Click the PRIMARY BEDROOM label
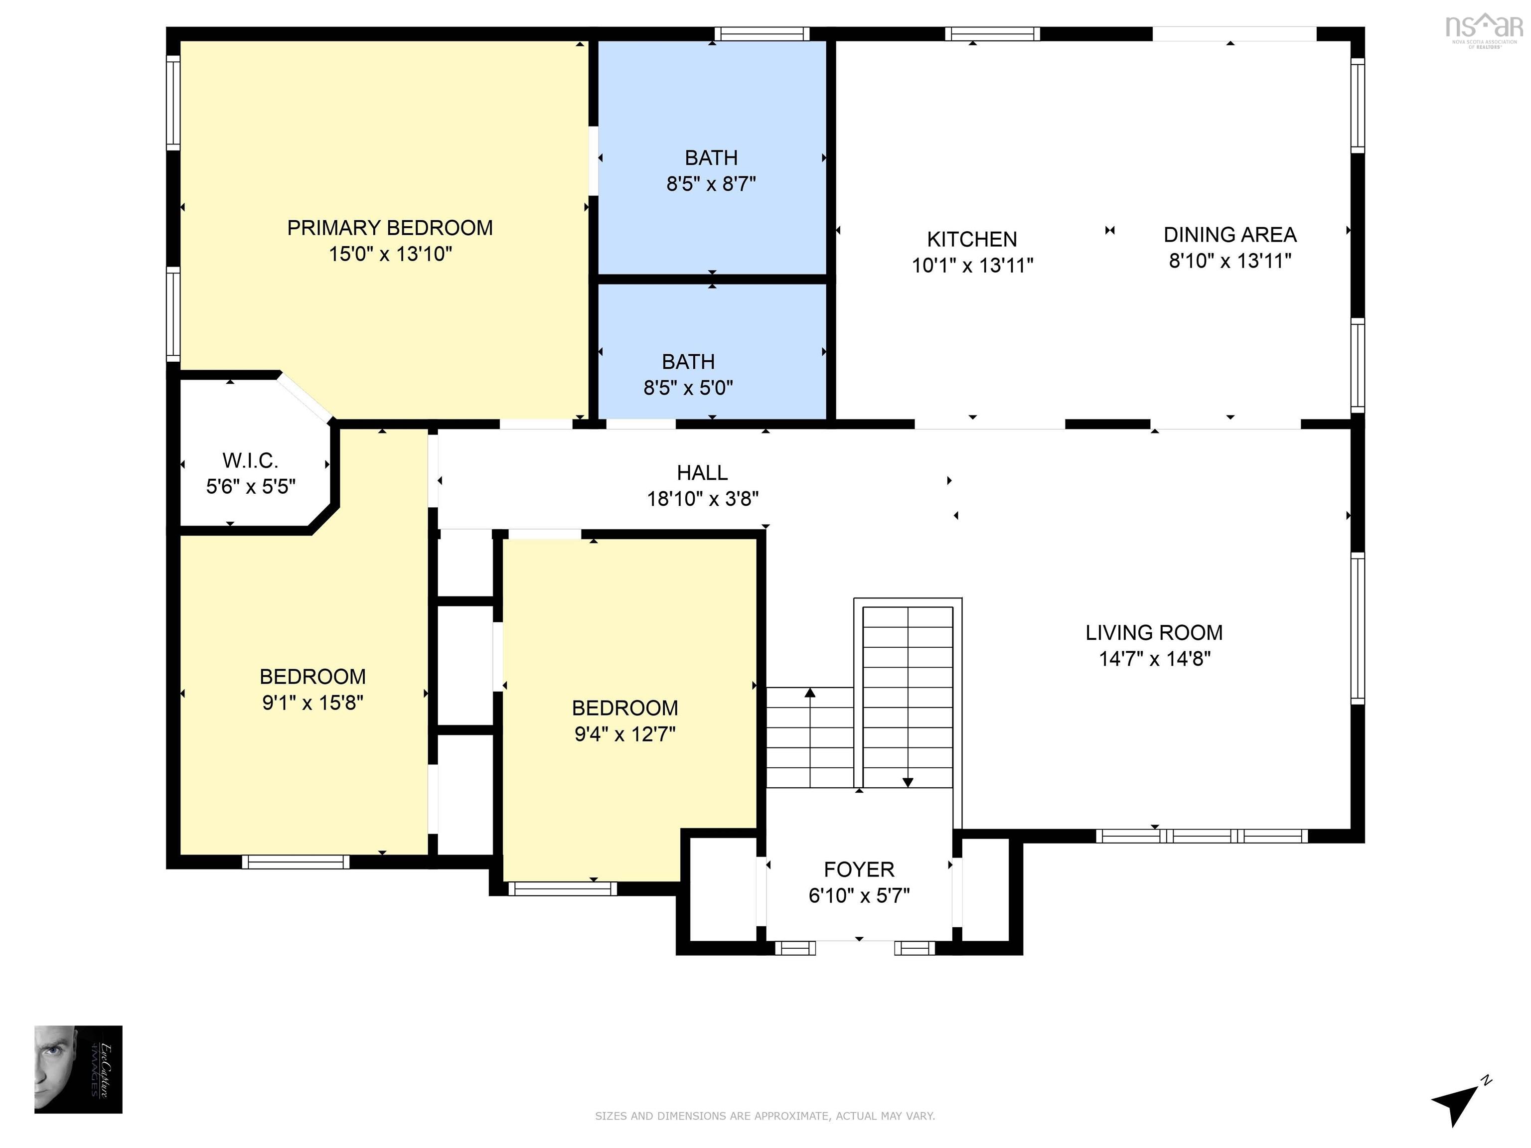[x=390, y=228]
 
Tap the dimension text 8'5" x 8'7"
[x=711, y=184]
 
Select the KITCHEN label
[x=972, y=240]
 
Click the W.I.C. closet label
[x=250, y=460]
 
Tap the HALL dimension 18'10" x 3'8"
[x=703, y=499]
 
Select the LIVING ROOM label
[x=1154, y=632]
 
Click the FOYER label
[x=859, y=869]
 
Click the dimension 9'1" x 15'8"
[x=312, y=703]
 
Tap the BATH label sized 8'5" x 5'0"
[x=688, y=362]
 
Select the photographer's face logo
[x=78, y=1069]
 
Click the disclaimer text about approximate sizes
[x=765, y=1116]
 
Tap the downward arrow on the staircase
[x=908, y=781]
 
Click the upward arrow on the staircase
[x=810, y=693]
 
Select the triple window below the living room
[x=1202, y=836]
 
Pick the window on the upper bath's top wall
[x=762, y=34]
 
